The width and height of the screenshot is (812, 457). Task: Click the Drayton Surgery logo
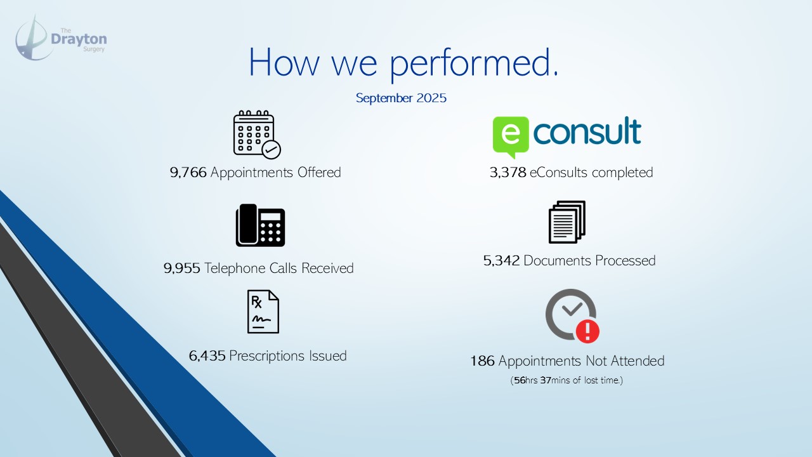coord(61,38)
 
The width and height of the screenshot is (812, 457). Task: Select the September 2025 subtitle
coord(401,98)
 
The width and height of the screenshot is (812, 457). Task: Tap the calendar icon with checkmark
coord(257,135)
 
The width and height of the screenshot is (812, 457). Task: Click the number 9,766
coord(188,172)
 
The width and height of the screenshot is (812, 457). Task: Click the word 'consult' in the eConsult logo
coord(587,131)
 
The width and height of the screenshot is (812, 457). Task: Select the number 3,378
coord(508,172)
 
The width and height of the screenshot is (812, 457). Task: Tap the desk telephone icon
coord(260,225)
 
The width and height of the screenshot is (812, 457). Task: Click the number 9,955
coord(181,268)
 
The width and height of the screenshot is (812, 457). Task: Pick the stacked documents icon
coord(567,222)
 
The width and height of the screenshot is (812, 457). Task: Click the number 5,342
coord(501,261)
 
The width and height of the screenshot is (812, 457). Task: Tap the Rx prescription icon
coord(263,312)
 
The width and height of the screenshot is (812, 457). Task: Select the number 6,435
coord(207,356)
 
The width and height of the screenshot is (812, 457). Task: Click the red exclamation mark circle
coord(587,331)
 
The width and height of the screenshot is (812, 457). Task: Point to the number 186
coord(482,361)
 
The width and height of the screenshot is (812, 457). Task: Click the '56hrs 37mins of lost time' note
coord(566,380)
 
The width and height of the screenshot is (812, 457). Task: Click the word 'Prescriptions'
coord(267,356)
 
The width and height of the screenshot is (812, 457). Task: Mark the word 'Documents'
coord(558,261)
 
